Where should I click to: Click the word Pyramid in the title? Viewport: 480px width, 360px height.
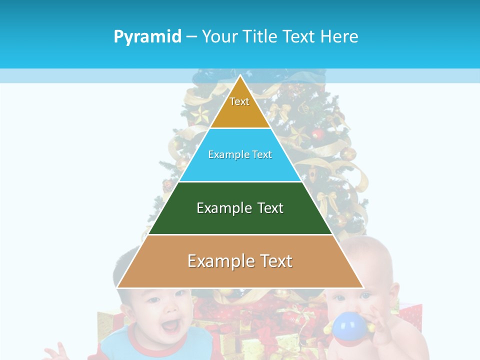point(147,37)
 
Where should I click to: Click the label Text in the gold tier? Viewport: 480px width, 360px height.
point(239,101)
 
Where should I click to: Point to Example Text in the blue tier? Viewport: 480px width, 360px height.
point(240,154)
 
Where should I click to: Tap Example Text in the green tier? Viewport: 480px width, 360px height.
point(240,208)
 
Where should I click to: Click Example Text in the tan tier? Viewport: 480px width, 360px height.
point(240,261)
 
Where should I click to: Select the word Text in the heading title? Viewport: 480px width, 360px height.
point(300,36)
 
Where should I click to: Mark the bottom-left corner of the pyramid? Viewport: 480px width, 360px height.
point(117,287)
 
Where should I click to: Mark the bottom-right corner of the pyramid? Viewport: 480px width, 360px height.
point(363,287)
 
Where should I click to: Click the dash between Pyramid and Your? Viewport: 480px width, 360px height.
point(191,37)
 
